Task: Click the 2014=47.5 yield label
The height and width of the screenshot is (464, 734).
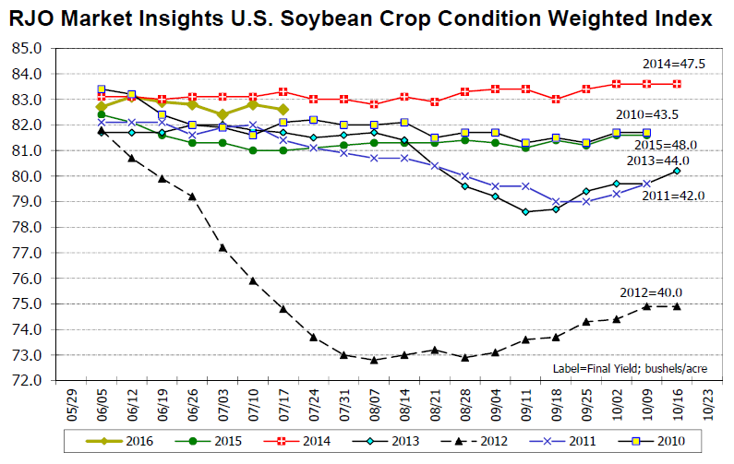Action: (672, 64)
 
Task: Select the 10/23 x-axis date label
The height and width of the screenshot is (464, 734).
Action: (707, 403)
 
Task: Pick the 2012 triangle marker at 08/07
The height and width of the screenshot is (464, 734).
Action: (374, 360)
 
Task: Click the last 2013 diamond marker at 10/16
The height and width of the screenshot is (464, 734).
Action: (677, 171)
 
